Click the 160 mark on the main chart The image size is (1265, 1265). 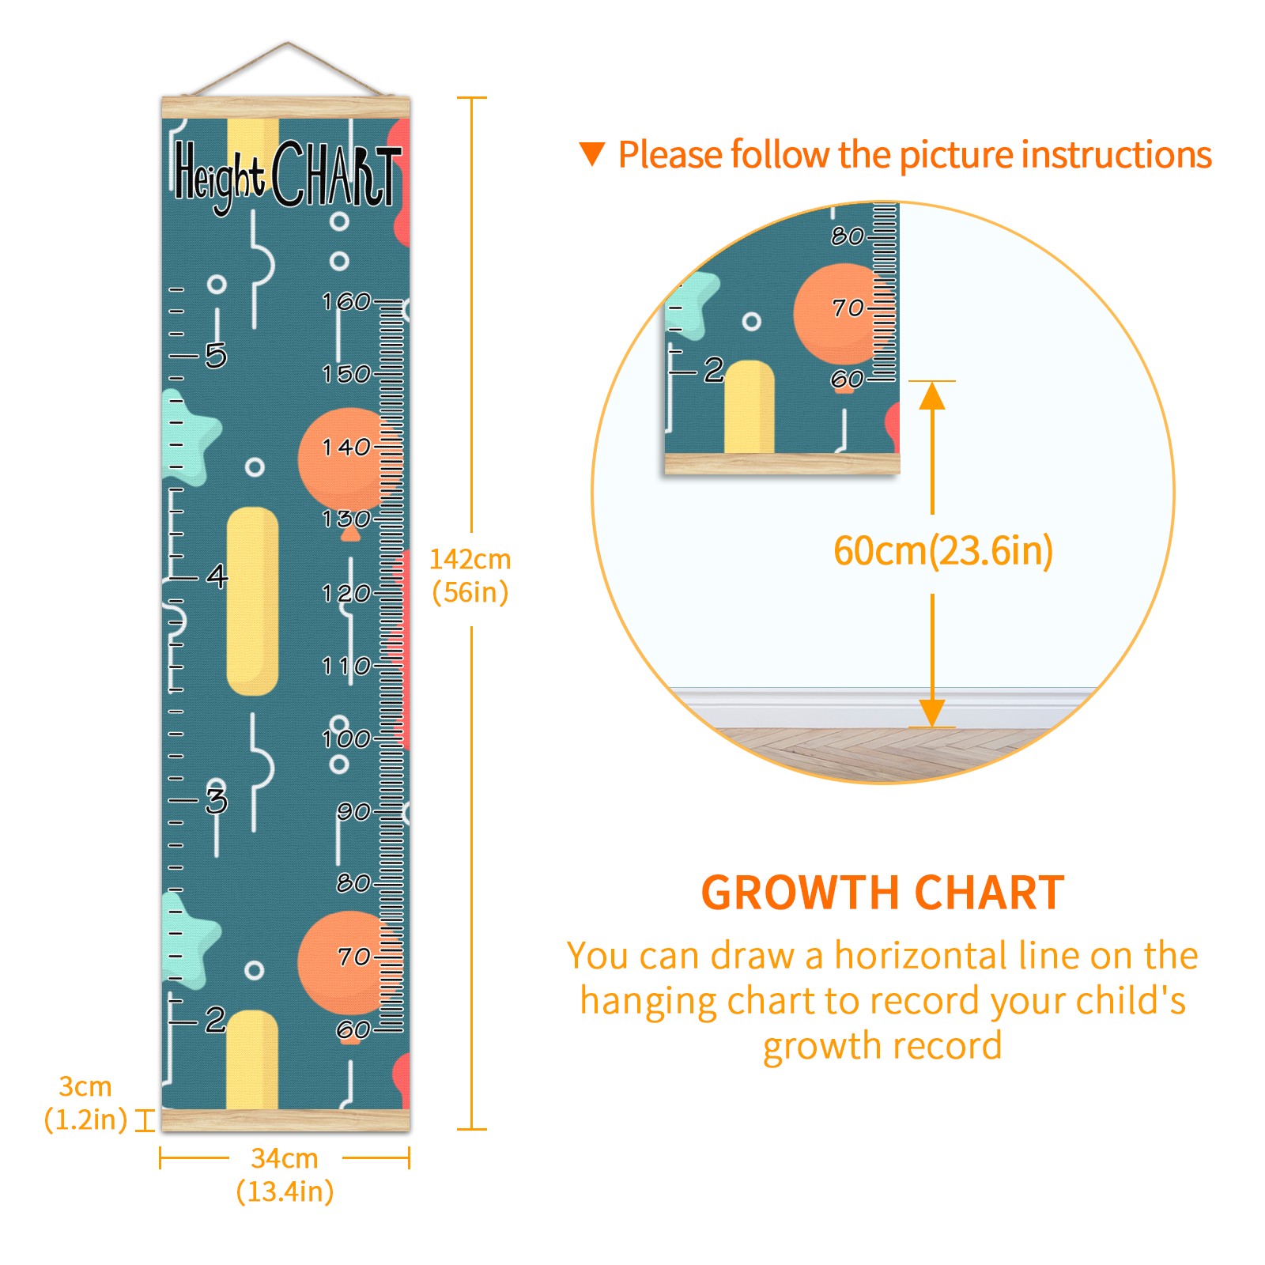coord(346,301)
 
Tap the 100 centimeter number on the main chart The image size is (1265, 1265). coord(346,738)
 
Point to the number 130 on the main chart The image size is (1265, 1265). coord(346,519)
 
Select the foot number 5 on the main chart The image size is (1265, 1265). coord(216,356)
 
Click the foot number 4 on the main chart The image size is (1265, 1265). coord(217,576)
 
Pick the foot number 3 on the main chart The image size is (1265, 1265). coord(216,800)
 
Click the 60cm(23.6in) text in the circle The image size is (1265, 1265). coord(943,550)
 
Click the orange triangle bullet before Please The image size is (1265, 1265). coord(592,153)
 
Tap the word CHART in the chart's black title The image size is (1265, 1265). coord(337,173)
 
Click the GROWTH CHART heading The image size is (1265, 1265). coord(883,893)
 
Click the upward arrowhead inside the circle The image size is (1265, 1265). coord(932,395)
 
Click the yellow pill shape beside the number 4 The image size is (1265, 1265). coord(252,601)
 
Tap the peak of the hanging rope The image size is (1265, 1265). coord(287,43)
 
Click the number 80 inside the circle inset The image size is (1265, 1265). coord(847,236)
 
